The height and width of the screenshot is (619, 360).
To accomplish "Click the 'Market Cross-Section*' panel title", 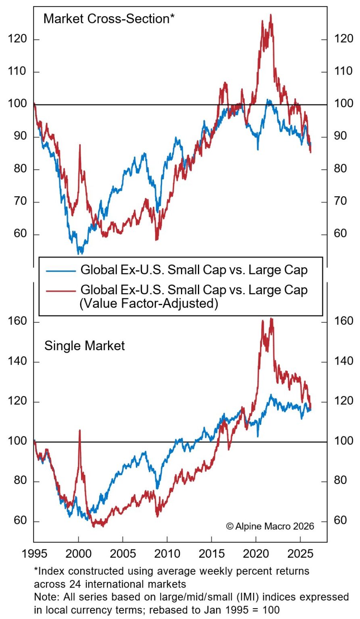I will pyautogui.click(x=109, y=19).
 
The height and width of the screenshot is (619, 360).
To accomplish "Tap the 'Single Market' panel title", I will pyautogui.click(x=84, y=346).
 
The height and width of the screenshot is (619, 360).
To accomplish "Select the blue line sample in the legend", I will pyautogui.click(x=61, y=271).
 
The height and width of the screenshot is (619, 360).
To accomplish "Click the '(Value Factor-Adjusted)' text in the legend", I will pyautogui.click(x=148, y=303).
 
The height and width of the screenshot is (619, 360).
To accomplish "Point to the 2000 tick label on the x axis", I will pyautogui.click(x=78, y=553).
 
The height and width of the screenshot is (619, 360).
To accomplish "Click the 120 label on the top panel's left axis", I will pyautogui.click(x=17, y=39).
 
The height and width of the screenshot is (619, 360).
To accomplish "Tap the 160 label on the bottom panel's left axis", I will pyautogui.click(x=17, y=322).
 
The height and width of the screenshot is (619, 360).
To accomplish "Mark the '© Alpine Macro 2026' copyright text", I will pyautogui.click(x=270, y=526).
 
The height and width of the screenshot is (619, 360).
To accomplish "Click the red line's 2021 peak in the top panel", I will pyautogui.click(x=271, y=15).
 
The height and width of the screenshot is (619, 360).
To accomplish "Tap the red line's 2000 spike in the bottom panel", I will pyautogui.click(x=79, y=430).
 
